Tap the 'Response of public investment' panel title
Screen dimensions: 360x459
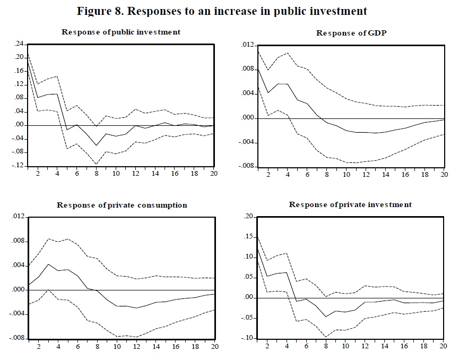tap(121, 32)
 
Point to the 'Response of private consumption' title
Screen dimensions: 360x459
tap(122, 205)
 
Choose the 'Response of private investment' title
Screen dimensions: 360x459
tap(350, 204)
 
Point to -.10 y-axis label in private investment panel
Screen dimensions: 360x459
tap(248, 338)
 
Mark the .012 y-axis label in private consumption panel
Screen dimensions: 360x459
tap(18, 217)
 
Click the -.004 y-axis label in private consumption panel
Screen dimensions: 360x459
tap(17, 314)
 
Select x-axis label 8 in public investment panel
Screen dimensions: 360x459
tap(97, 173)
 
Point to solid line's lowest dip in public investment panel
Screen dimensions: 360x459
tap(97, 145)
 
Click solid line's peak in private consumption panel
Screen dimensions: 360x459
tap(48, 264)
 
